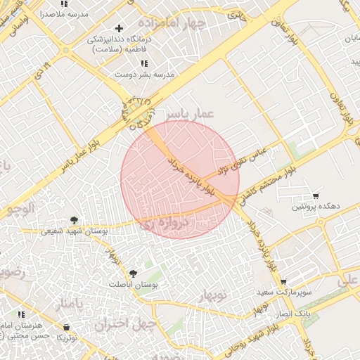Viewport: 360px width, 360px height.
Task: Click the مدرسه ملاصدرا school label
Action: point(62,13)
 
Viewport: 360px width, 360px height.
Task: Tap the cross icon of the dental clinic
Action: point(119,29)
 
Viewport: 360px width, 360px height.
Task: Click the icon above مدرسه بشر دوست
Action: point(144,63)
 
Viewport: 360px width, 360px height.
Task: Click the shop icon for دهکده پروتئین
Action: point(316,195)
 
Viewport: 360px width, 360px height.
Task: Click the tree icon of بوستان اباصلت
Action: point(133,273)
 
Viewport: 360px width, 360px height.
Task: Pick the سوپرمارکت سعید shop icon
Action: point(283,281)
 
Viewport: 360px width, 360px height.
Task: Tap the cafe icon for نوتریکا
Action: point(66,328)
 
